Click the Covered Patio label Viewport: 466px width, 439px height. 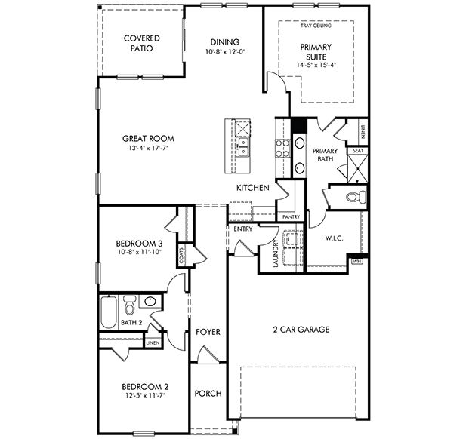[142, 43]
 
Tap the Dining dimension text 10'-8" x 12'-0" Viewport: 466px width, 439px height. [224, 51]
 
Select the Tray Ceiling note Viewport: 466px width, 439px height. [316, 26]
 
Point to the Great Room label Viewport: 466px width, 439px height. [148, 138]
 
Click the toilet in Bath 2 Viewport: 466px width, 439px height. [129, 305]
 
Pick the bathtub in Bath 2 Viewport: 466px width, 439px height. [108, 312]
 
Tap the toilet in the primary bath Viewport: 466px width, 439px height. [356, 197]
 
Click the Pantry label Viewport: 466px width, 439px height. [291, 217]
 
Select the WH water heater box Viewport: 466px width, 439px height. [356, 262]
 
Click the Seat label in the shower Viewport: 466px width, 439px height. [358, 151]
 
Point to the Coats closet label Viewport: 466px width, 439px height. [181, 256]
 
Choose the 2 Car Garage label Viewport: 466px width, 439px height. [301, 329]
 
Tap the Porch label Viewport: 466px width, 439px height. [208, 394]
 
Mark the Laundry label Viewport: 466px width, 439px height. [275, 253]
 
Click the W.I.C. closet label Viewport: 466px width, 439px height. [334, 238]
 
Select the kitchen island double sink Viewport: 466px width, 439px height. [242, 148]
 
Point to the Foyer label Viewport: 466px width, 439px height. [208, 332]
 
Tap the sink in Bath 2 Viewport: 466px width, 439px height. [150, 302]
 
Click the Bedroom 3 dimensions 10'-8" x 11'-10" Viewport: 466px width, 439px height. [139, 252]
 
